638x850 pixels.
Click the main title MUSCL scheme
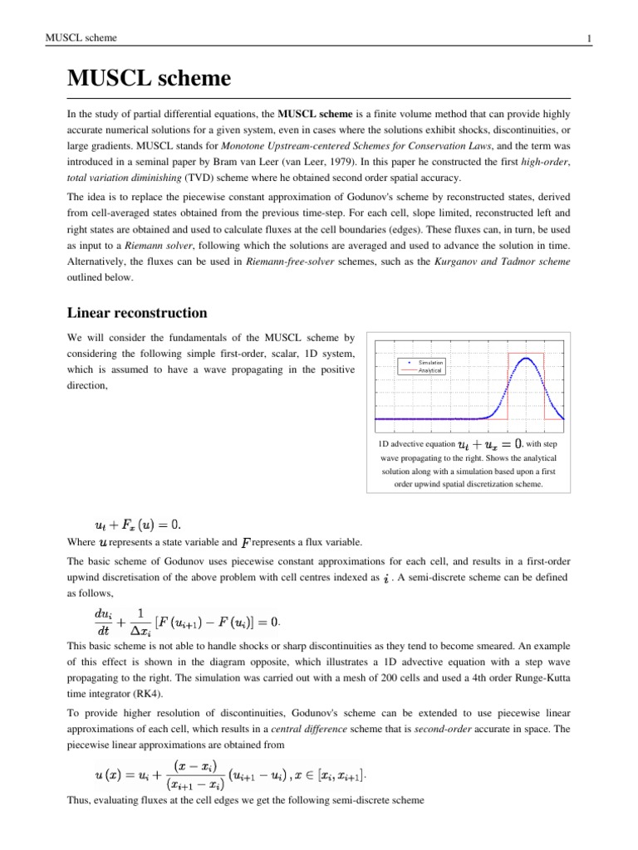[x=148, y=80]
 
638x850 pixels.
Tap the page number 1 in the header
[x=588, y=38]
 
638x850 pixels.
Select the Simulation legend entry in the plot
[x=430, y=363]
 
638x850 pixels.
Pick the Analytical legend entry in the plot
[x=430, y=370]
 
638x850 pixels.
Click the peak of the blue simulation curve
[x=526, y=358]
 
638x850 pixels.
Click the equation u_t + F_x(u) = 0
[x=138, y=525]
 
